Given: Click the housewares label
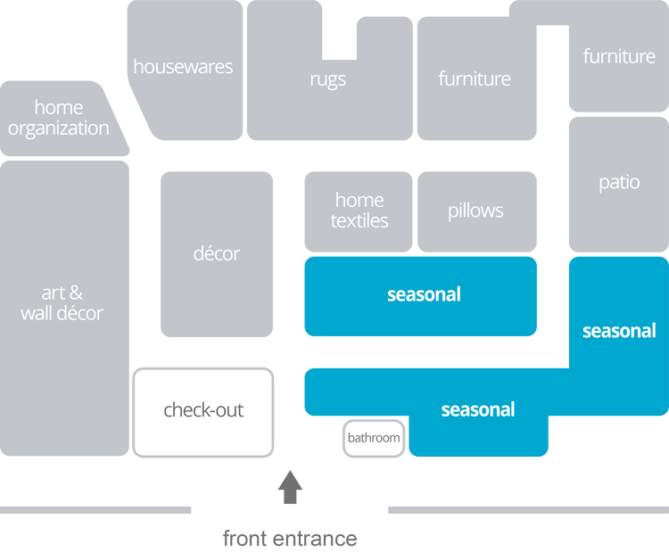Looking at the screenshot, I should pyautogui.click(x=183, y=67).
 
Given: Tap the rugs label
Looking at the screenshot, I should pyautogui.click(x=328, y=79).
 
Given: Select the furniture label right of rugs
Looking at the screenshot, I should pyautogui.click(x=475, y=79).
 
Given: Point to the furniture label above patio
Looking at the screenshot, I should pyautogui.click(x=619, y=56).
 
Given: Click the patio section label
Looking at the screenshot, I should pyautogui.click(x=619, y=183).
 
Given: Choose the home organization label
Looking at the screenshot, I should pyautogui.click(x=59, y=118).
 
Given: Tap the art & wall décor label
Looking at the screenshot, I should pyautogui.click(x=62, y=302).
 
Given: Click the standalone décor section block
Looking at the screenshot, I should pyautogui.click(x=217, y=254).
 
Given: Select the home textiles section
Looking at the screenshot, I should pyautogui.click(x=359, y=210).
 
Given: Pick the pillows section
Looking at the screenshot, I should pyautogui.click(x=476, y=211).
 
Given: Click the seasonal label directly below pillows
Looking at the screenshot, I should pyautogui.click(x=424, y=294).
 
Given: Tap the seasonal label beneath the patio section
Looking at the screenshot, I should pyautogui.click(x=619, y=331).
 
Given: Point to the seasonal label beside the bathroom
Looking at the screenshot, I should pyautogui.click(x=478, y=410).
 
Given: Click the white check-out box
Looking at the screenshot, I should pyautogui.click(x=203, y=411).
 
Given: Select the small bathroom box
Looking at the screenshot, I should pyautogui.click(x=374, y=438).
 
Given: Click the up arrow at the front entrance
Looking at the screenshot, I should pyautogui.click(x=290, y=487).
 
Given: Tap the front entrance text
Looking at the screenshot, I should pyautogui.click(x=290, y=539).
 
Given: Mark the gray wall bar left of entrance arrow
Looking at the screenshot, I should pyautogui.click(x=96, y=510).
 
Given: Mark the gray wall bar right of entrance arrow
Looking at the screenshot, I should pyautogui.click(x=526, y=510).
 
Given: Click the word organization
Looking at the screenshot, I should pyautogui.click(x=59, y=128).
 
